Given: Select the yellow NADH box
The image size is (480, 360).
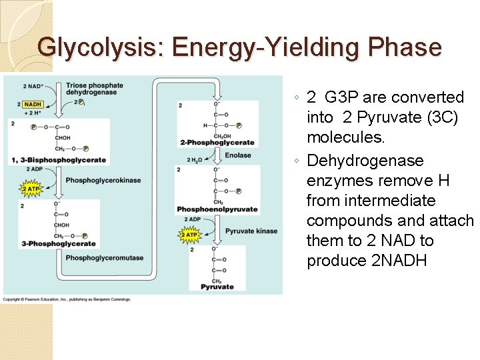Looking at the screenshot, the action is [33, 104].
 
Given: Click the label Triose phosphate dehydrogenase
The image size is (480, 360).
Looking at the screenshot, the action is [94, 89].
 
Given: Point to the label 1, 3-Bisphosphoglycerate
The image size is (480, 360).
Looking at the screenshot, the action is [59, 160].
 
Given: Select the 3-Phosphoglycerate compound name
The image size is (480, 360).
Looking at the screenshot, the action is [59, 243].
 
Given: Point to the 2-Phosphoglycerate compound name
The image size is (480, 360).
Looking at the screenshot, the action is [217, 142].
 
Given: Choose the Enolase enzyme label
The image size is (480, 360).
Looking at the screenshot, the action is [238, 155].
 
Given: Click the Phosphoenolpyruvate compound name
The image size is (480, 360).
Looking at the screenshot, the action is [217, 209].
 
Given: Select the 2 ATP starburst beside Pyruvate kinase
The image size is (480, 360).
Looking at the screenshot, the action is [190, 235].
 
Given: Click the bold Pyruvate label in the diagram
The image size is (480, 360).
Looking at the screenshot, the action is [217, 287].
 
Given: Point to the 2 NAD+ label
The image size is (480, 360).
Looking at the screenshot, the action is [33, 86].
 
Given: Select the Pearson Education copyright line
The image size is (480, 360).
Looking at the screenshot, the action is [67, 299].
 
